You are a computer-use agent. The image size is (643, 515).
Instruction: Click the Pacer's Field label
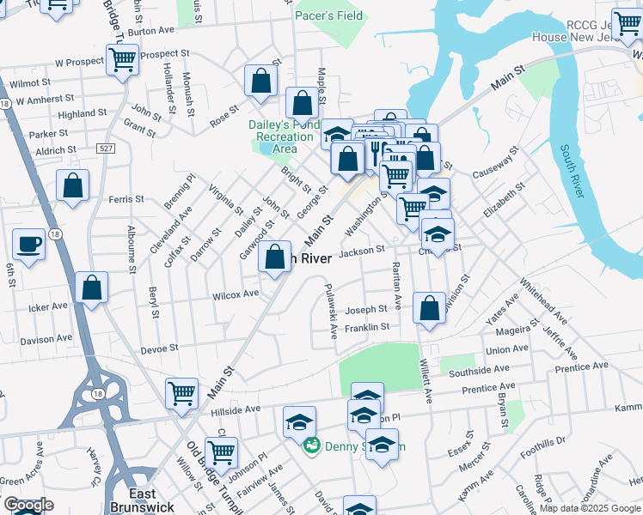coord(328,15)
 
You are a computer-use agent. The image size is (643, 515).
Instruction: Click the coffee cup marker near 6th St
coord(28,245)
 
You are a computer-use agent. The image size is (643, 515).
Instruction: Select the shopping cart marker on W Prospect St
coord(123,61)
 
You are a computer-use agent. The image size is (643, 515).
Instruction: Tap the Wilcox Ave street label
coord(236,294)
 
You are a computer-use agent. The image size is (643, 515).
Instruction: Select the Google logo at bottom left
coord(28,506)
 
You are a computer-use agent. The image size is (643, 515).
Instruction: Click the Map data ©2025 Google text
coord(589,509)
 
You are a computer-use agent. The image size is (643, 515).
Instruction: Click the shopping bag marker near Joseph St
coord(429,308)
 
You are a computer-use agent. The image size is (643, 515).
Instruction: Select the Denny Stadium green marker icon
coord(312,445)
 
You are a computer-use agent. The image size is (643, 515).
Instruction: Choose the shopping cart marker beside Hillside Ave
coord(181,394)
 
